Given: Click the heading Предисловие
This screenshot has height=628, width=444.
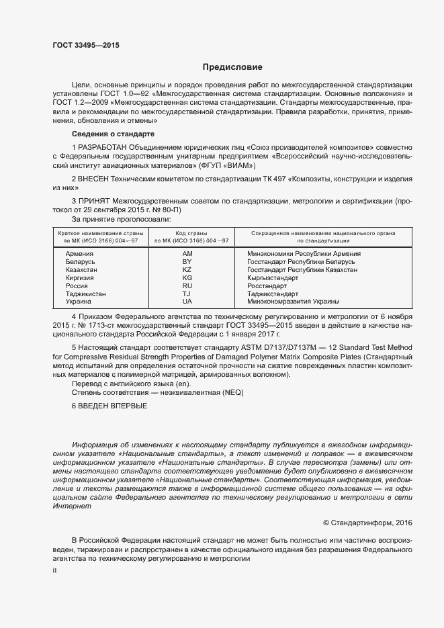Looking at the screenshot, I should click(233, 67).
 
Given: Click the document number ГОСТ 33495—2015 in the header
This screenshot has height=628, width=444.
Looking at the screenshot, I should click(86, 46).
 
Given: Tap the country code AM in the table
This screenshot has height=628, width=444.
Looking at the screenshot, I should click(187, 254).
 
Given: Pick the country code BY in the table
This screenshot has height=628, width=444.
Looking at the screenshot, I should click(187, 262).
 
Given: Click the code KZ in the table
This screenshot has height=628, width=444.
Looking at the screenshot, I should click(187, 270).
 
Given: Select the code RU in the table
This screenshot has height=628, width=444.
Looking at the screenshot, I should click(187, 286).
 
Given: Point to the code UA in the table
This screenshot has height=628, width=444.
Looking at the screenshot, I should click(187, 302).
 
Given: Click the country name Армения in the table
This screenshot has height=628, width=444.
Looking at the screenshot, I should click(79, 254).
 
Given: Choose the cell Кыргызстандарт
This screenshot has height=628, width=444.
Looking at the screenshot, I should click(272, 278).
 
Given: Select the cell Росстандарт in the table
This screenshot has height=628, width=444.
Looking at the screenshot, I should click(267, 286).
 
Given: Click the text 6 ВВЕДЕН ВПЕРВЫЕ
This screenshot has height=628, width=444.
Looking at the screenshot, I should click(109, 407).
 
